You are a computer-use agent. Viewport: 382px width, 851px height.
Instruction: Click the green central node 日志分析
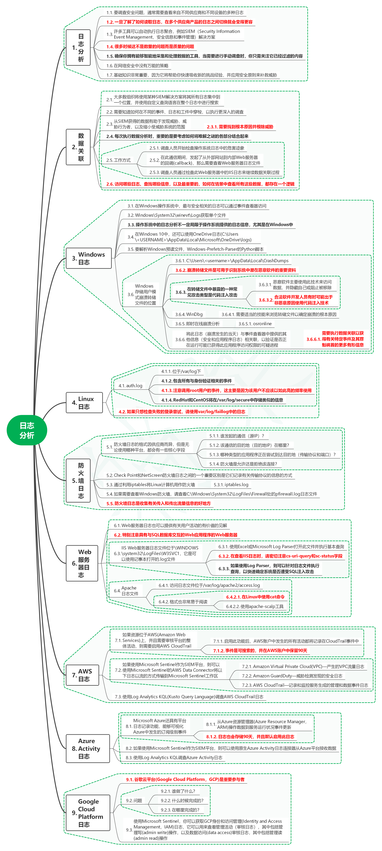tap(27, 430)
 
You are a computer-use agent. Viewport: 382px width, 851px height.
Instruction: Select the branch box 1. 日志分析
tap(78, 48)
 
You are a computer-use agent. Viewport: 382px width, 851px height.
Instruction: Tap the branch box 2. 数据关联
tap(78, 147)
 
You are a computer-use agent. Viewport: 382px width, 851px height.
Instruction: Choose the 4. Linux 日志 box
tap(84, 403)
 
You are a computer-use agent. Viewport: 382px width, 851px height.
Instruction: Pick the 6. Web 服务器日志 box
tap(82, 563)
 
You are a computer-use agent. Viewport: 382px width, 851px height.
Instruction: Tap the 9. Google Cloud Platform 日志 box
tap(88, 813)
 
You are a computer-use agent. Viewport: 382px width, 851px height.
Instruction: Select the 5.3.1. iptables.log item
tap(231, 485)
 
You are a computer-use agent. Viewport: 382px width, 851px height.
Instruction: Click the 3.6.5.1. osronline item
tap(255, 324)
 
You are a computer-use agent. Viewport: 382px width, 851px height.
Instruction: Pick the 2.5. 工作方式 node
tap(118, 160)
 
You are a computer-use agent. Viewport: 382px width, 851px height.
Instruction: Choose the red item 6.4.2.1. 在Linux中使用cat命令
tap(255, 597)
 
